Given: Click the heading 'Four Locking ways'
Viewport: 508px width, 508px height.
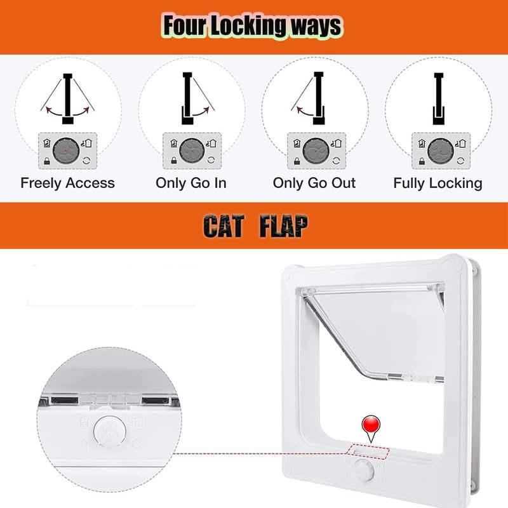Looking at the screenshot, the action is pyautogui.click(x=252, y=26).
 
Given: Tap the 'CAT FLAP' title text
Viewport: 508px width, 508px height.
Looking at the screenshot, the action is pyautogui.click(x=256, y=226).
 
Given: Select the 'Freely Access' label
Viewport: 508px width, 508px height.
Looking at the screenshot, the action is pyautogui.click(x=68, y=183).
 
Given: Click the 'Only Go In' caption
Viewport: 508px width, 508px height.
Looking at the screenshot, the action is pyautogui.click(x=191, y=183).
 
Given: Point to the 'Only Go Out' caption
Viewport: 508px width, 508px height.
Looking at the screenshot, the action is pyautogui.click(x=314, y=183).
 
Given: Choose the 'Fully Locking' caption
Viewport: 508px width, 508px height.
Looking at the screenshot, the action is pyautogui.click(x=438, y=184).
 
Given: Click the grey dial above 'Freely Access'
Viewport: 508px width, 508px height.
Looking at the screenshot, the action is pyautogui.click(x=66, y=150).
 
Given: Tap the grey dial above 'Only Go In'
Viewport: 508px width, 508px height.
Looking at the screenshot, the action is pyautogui.click(x=192, y=150).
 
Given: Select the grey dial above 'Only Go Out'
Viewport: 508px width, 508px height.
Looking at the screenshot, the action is pyautogui.click(x=316, y=150).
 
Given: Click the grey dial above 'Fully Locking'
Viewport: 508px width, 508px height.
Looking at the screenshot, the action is pyautogui.click(x=441, y=150).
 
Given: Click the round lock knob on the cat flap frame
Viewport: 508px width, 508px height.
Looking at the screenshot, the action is pyautogui.click(x=363, y=470).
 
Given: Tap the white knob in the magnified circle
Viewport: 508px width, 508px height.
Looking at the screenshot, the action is pyautogui.click(x=110, y=432).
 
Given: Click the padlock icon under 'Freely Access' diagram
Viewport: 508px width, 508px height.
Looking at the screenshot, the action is pyautogui.click(x=46, y=161).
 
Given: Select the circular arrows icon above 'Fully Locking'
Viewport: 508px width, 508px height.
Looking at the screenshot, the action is pyautogui.click(x=460, y=161).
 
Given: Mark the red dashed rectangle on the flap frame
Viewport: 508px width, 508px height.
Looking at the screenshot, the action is pyautogui.click(x=368, y=451).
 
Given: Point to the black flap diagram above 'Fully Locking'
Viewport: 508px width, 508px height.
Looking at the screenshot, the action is pyautogui.click(x=438, y=99).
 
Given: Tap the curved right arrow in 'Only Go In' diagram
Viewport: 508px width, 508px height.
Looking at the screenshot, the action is pyautogui.click(x=201, y=111).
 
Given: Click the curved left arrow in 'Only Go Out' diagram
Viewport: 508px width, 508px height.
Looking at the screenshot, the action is pyautogui.click(x=305, y=110).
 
